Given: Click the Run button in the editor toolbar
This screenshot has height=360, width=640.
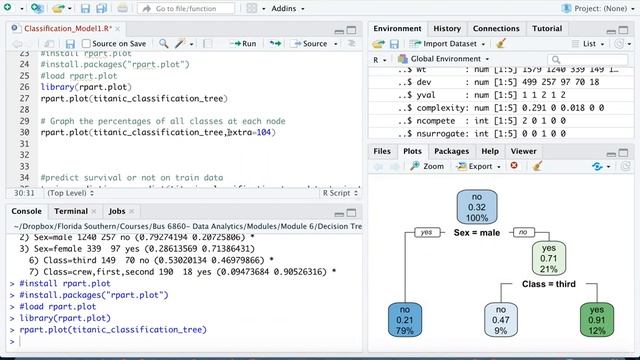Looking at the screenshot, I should click(243, 44).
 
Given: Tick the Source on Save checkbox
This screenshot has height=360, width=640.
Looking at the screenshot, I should click(85, 44).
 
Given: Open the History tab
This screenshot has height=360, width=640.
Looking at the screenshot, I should click(447, 29).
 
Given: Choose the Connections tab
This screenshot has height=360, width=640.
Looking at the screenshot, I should click(495, 29).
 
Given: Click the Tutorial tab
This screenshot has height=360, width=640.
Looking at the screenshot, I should click(547, 29).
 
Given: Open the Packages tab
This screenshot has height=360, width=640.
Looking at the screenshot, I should click(451, 151).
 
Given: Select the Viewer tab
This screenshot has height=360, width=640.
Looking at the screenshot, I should click(523, 151).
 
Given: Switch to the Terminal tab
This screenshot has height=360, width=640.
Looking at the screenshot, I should click(70, 212).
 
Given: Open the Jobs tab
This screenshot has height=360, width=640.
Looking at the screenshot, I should click(117, 212).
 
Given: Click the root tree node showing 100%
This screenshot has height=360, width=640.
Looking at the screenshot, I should click(476, 206).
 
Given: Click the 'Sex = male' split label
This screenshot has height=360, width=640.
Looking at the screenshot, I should click(476, 232).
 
